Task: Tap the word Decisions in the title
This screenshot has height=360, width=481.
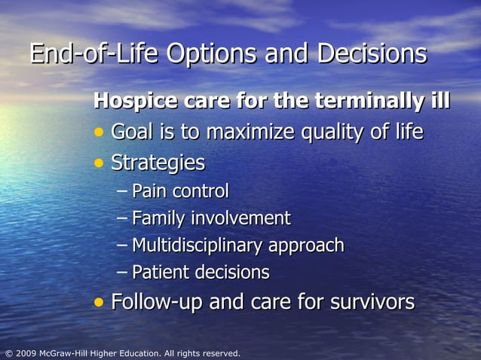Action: [372, 54]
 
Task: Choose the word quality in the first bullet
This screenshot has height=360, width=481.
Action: [335, 133]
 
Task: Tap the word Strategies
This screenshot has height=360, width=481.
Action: [158, 163]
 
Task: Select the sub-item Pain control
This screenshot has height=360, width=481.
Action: [179, 191]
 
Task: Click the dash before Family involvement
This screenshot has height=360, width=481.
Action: [123, 218]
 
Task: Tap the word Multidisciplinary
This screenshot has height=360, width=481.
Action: [198, 246]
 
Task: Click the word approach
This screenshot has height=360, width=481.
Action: [306, 246]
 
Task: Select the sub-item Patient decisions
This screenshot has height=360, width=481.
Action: [200, 272]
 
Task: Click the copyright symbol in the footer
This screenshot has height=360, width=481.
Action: [8, 353]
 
